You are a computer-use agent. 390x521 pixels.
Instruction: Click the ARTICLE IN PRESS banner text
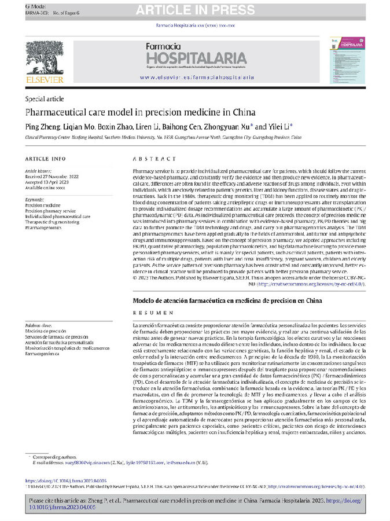point(195,10)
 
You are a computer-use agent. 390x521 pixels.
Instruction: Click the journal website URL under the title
point(197,76)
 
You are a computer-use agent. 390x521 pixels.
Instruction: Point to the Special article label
point(45,99)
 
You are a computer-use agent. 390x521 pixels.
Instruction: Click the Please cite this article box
point(195,502)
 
